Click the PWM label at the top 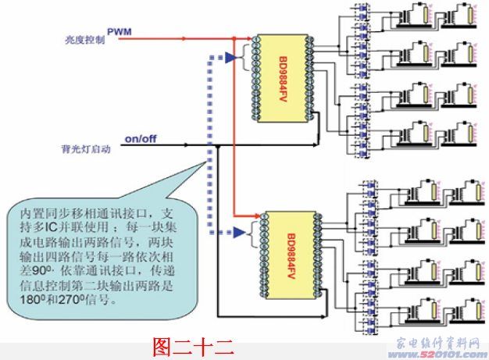120,32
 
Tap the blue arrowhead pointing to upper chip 230,57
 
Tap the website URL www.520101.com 444,351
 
